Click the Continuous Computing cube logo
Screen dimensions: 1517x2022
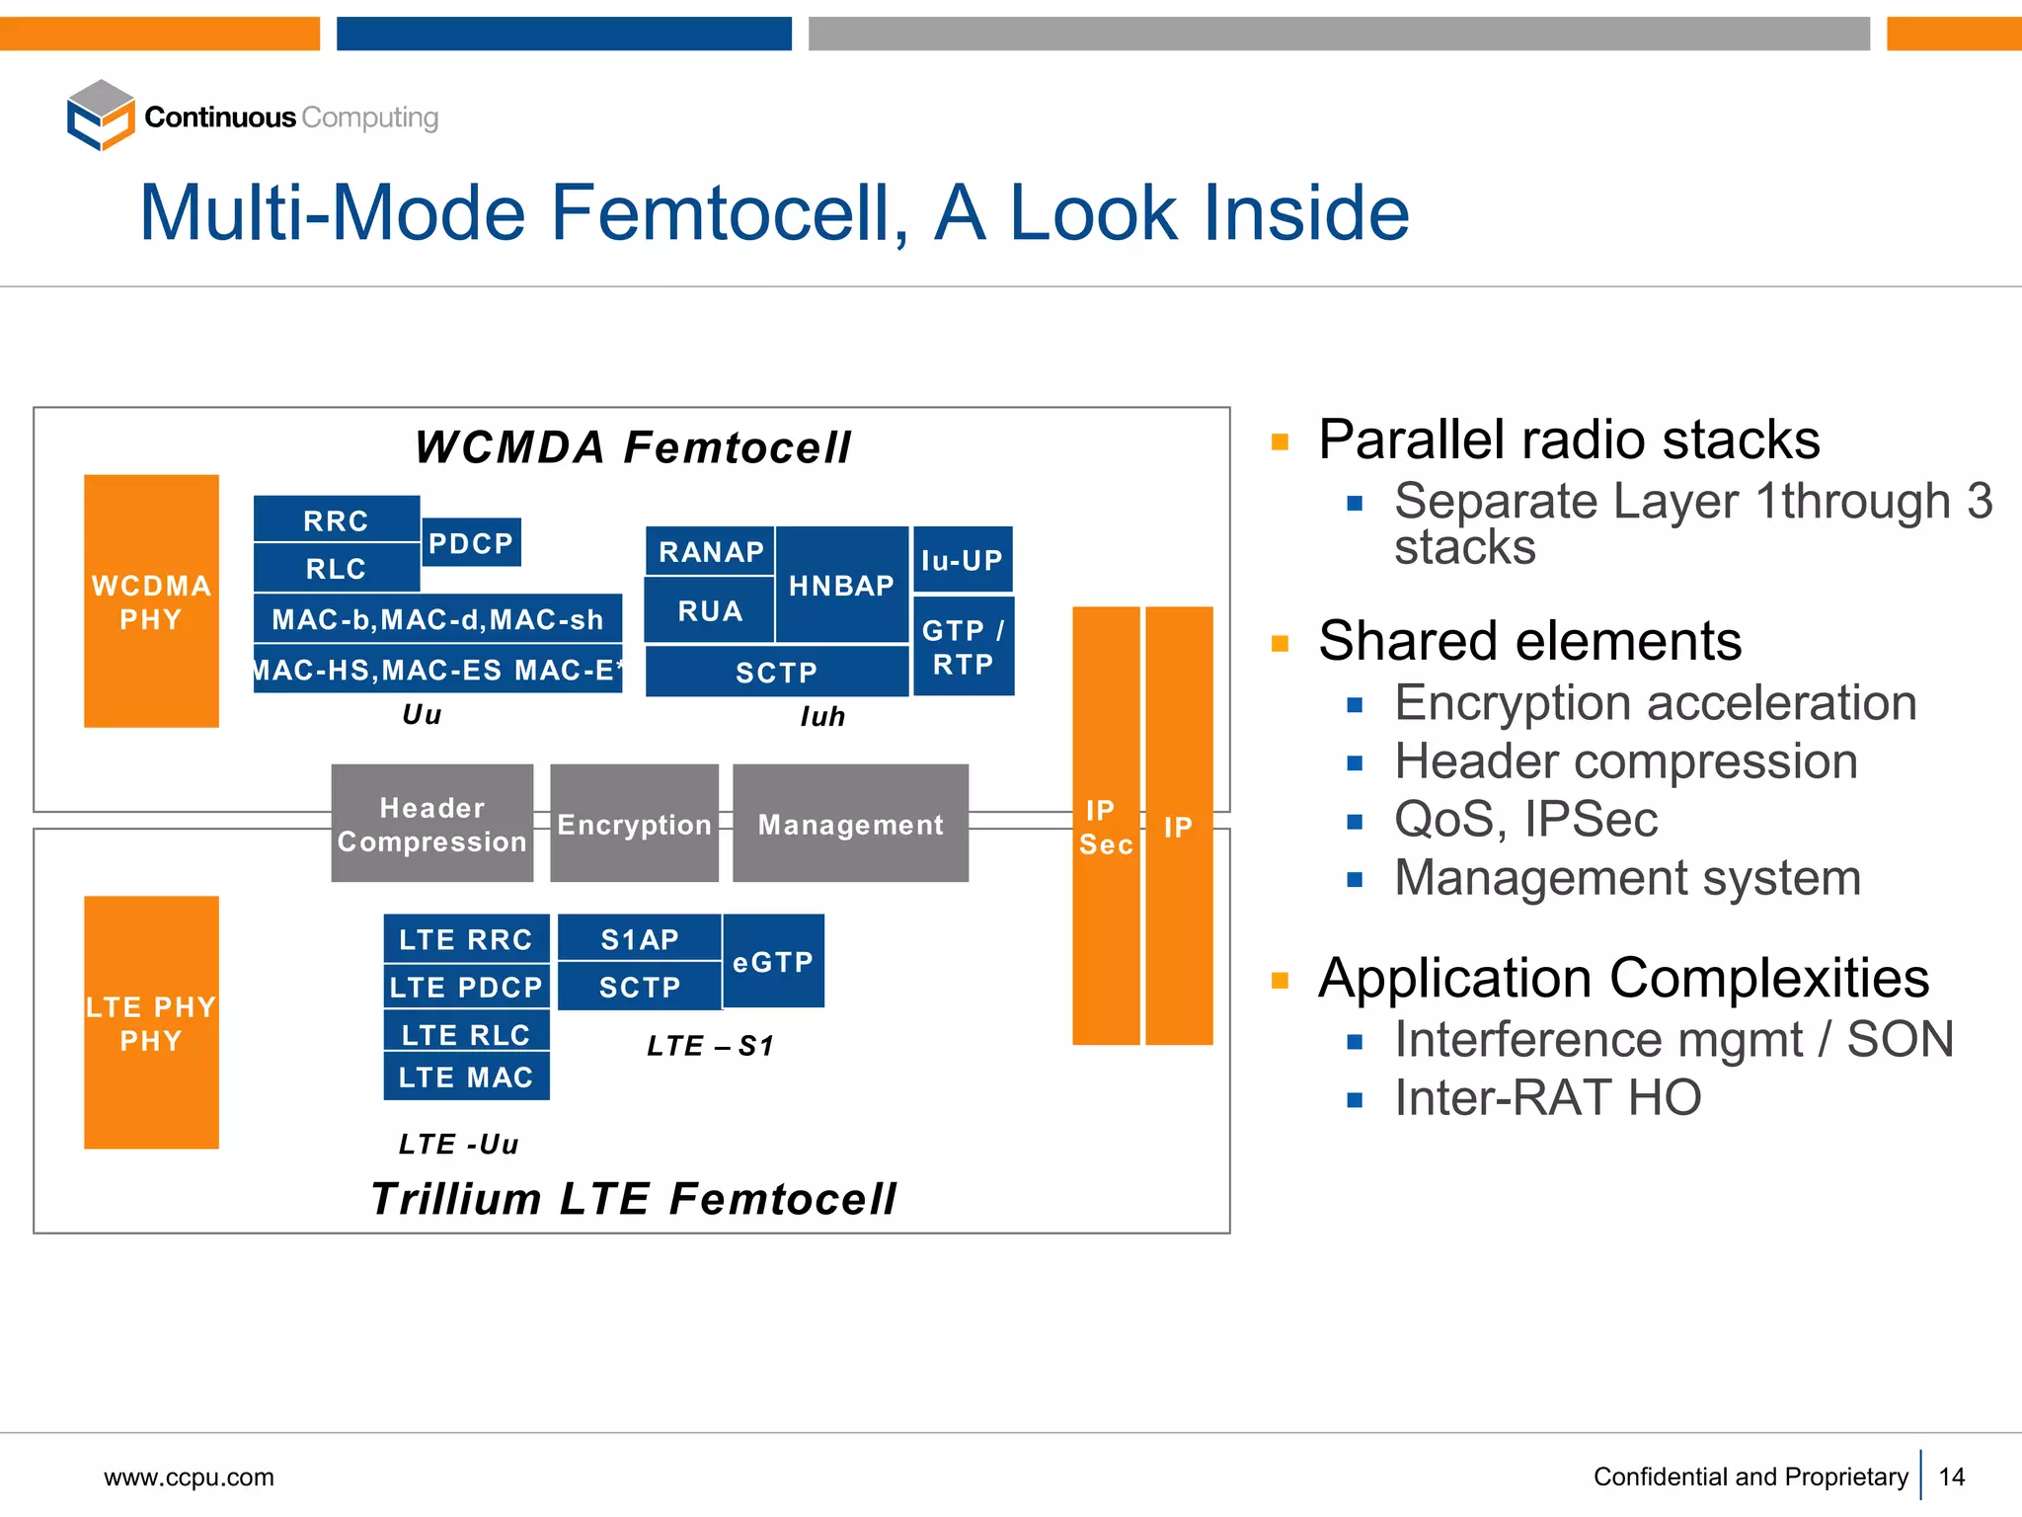pos(101,116)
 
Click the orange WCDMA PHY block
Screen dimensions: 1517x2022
pos(151,601)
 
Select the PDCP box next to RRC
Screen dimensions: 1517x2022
pos(471,543)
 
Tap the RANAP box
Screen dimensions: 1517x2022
pos(711,551)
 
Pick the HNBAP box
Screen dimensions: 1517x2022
pos(841,585)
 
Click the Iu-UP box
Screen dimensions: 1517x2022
pos(963,560)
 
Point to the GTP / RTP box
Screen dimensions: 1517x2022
pos(964,647)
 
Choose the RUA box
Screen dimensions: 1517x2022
pos(710,610)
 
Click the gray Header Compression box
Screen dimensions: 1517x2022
pos(432,824)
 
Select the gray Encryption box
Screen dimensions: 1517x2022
pos(634,824)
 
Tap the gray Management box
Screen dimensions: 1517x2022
pos(850,824)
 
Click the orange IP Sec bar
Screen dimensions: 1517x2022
pos(1106,827)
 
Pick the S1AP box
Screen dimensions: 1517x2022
pos(640,938)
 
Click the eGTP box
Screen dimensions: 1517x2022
pos(773,961)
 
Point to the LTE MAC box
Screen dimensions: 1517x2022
pos(466,1077)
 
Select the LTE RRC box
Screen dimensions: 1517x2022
pos(466,938)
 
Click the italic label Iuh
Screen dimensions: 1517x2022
pos(822,716)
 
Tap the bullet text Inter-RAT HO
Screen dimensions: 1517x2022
pos(1547,1097)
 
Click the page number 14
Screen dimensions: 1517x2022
pos(1951,1477)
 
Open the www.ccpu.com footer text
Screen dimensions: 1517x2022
pos(190,1477)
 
